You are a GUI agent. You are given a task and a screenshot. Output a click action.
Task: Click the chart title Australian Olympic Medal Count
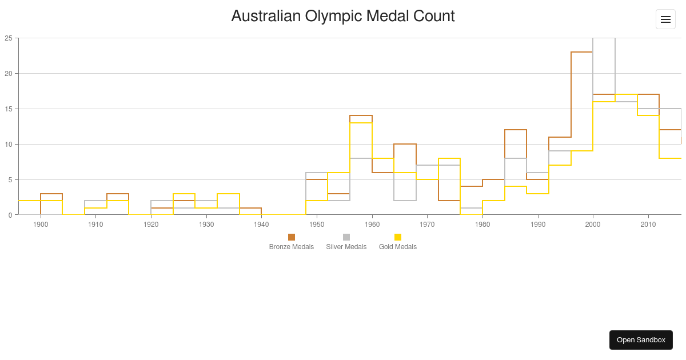(x=342, y=16)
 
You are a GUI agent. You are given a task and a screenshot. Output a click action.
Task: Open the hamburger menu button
(x=665, y=19)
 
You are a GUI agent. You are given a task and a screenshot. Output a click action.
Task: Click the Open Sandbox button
(x=641, y=340)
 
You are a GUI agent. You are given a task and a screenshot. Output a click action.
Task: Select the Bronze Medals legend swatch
(x=292, y=237)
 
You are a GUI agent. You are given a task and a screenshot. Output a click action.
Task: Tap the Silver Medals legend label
(x=346, y=247)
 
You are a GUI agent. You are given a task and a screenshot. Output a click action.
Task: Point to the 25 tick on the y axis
(x=9, y=38)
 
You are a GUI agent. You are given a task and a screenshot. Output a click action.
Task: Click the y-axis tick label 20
(x=9, y=74)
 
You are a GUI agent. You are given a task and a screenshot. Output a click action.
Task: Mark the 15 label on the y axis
(x=9, y=109)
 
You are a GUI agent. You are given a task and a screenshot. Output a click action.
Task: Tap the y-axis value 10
(x=9, y=145)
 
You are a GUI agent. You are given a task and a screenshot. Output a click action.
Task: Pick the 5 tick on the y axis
(x=10, y=180)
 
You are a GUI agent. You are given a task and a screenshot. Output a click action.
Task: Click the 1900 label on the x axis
(x=41, y=225)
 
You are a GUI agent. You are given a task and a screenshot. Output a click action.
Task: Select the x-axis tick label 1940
(x=261, y=225)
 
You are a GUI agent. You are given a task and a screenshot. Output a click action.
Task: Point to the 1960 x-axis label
(x=372, y=225)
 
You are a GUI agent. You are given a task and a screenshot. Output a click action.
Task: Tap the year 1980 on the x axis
(x=482, y=225)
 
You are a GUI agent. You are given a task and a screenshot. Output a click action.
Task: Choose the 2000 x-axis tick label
(x=593, y=225)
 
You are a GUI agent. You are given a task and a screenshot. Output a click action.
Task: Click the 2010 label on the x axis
(x=648, y=225)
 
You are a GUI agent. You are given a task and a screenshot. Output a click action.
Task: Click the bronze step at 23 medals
(x=582, y=52)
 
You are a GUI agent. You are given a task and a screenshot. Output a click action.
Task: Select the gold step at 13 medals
(x=361, y=123)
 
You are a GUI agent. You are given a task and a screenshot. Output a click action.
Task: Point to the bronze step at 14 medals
(x=361, y=115)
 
